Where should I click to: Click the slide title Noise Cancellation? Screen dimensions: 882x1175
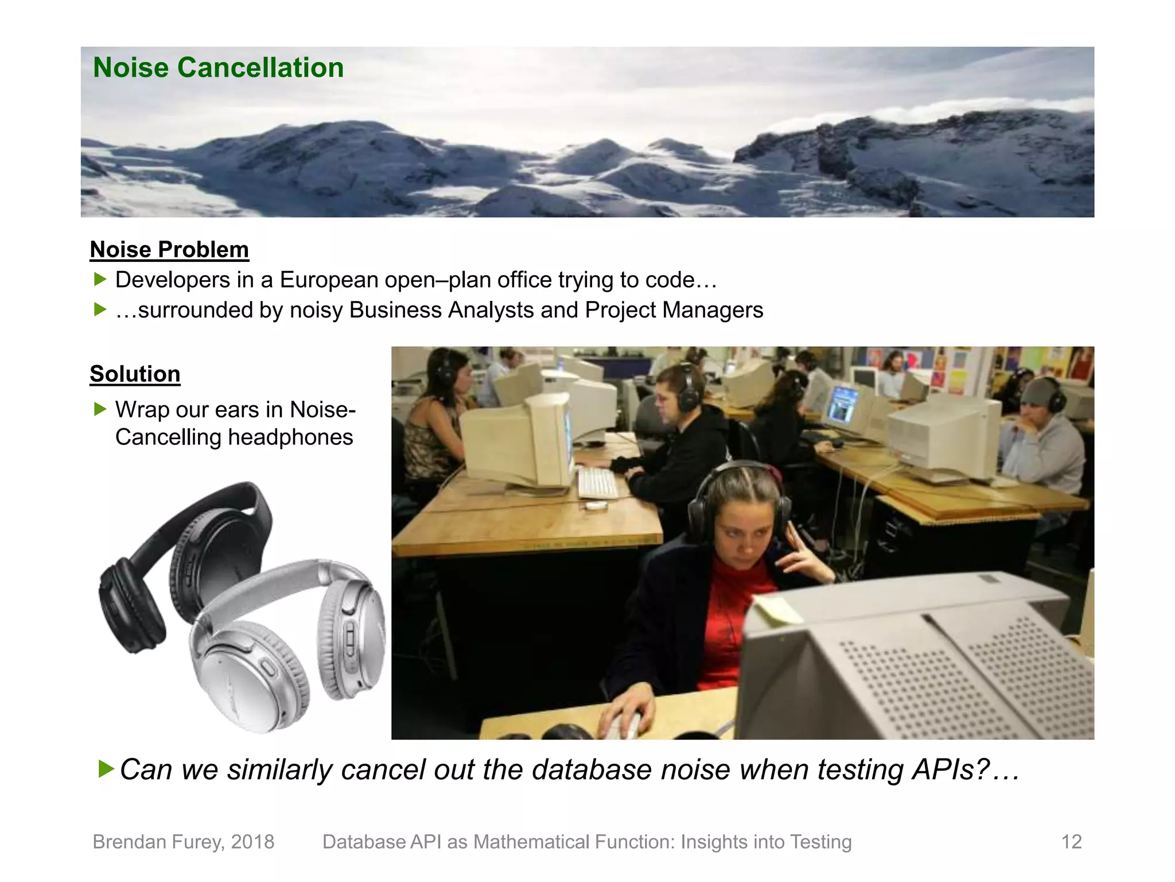[x=218, y=68]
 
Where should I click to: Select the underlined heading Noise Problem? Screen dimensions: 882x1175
[x=169, y=250]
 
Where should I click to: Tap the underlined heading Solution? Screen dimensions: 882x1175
[x=135, y=374]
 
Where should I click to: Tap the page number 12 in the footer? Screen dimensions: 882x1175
[x=1071, y=842]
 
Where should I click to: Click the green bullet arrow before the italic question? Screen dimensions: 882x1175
[x=106, y=768]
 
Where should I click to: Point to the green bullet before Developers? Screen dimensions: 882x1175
[x=100, y=280]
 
